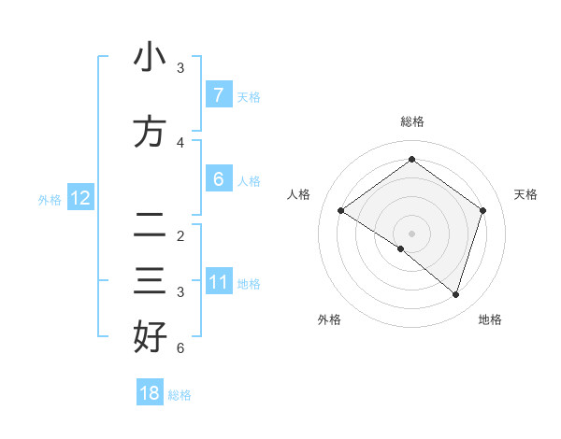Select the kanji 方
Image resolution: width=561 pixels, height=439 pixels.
[150, 133]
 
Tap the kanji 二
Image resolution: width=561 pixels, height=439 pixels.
[150, 225]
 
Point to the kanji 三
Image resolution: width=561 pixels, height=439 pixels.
[150, 281]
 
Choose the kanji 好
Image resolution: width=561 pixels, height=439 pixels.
[150, 337]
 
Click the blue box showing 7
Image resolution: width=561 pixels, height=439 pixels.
[218, 94]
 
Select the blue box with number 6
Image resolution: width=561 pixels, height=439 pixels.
[218, 178]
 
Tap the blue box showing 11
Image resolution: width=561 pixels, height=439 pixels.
[218, 281]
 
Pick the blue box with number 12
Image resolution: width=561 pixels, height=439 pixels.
[80, 197]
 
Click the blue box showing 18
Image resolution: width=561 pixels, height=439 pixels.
[150, 393]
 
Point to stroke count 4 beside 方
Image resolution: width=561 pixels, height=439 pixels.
[180, 143]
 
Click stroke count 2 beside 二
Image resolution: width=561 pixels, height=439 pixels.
[180, 236]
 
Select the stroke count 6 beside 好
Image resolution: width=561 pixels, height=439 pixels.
[180, 348]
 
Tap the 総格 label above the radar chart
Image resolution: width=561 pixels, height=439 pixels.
[411, 121]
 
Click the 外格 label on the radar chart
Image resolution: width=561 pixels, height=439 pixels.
[329, 319]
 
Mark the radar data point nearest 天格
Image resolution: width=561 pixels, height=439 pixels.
[482, 210]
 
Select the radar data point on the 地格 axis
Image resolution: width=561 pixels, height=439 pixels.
[455, 294]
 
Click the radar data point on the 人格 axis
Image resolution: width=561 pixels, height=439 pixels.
[340, 210]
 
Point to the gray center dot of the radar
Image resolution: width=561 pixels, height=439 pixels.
[411, 233]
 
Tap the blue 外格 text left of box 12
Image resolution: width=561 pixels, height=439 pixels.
[49, 199]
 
